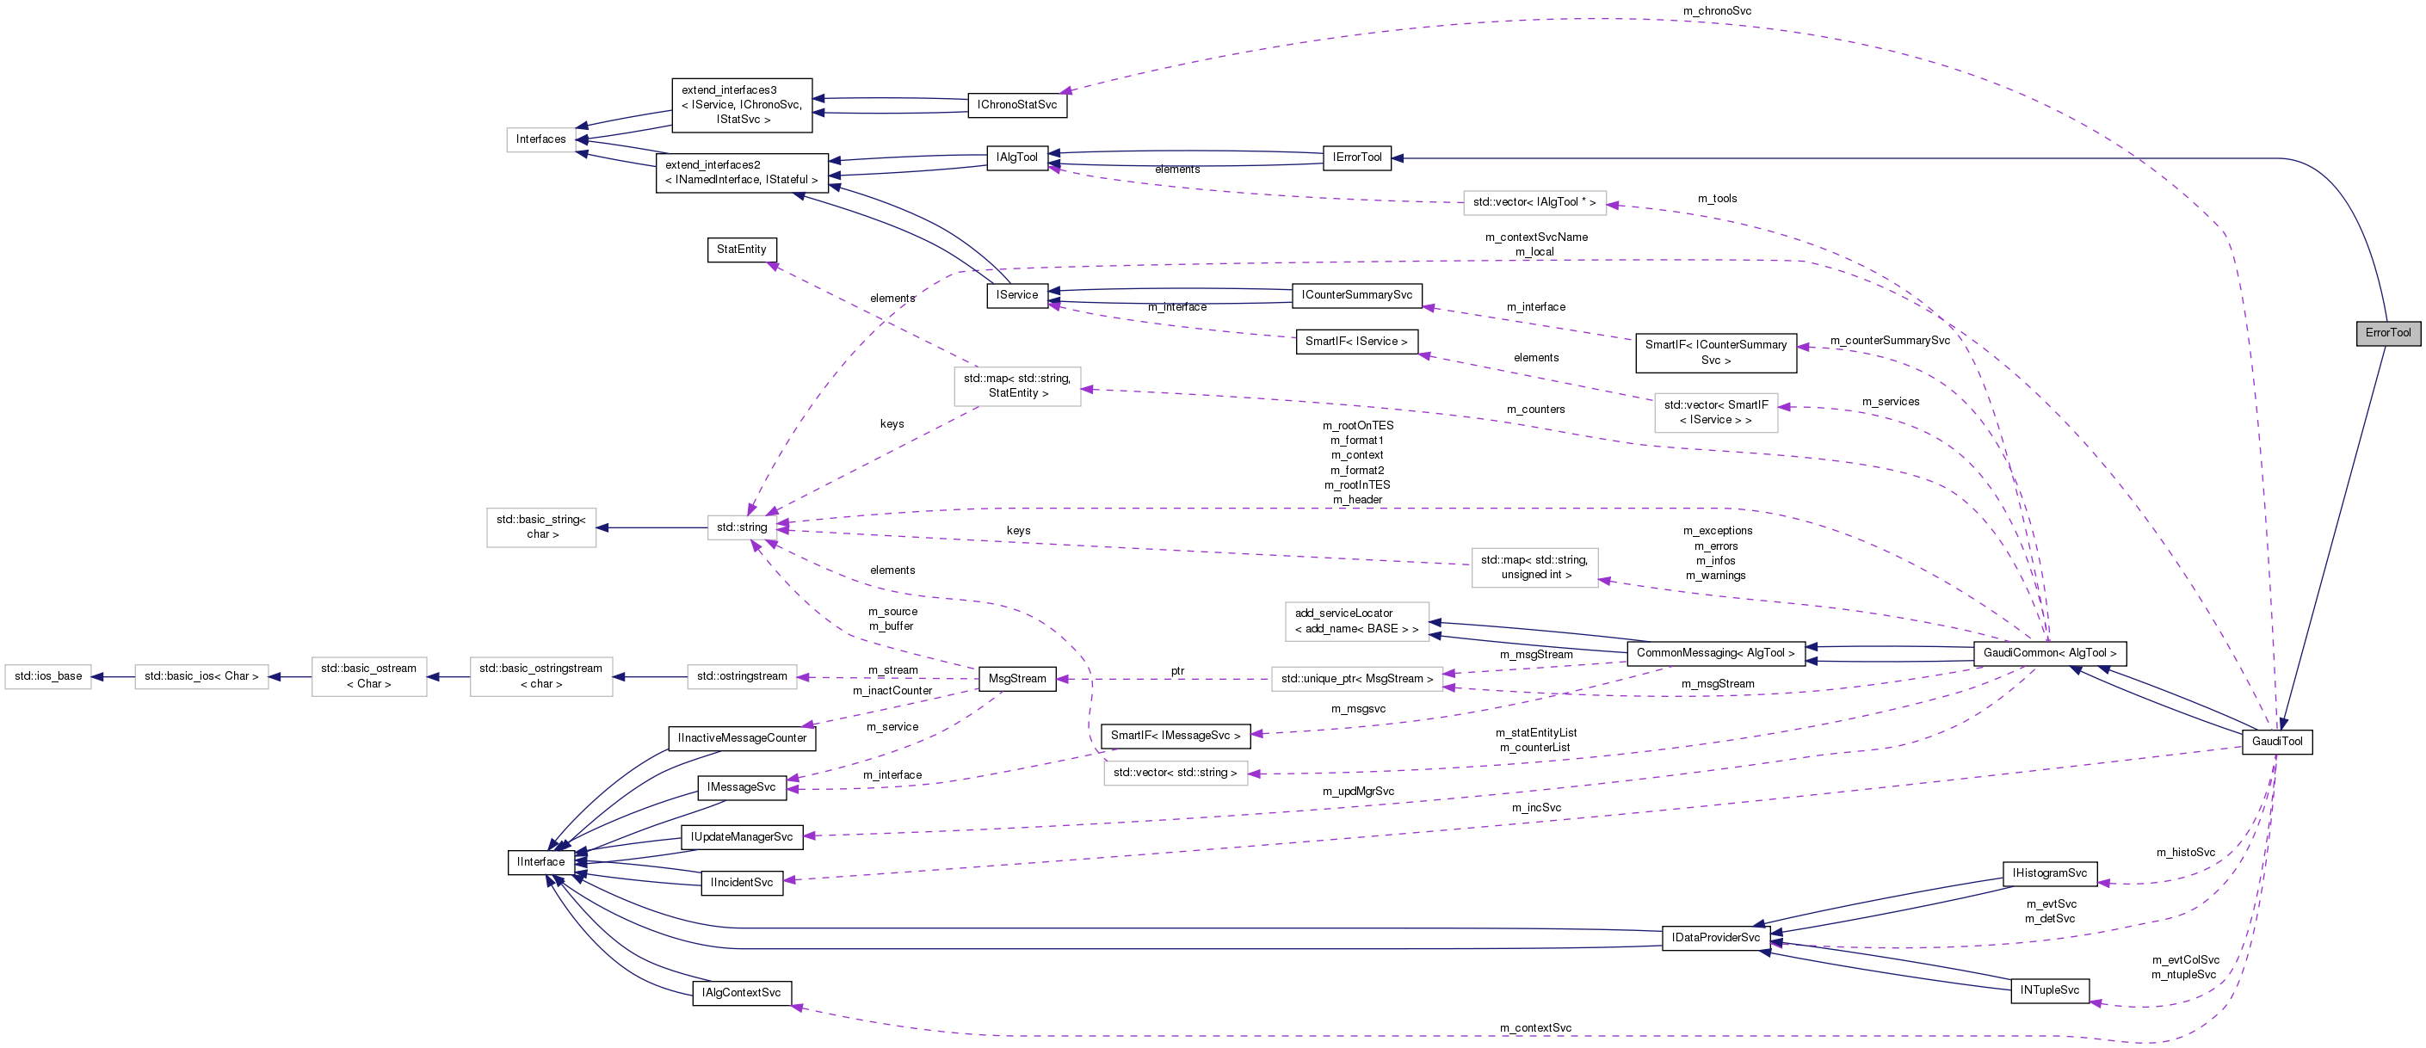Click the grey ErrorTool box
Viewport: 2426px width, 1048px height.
coord(2387,332)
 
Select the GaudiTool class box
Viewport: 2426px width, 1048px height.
coord(2276,741)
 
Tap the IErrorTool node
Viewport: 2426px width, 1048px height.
coord(1356,157)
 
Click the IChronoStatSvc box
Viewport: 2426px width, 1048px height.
coord(1016,104)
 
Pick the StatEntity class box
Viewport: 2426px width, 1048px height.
coord(741,250)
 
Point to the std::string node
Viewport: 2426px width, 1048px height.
coord(741,527)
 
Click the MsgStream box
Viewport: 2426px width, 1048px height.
coord(1016,679)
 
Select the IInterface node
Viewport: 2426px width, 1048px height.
coord(540,861)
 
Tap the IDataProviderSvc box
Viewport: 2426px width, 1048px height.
coord(1715,938)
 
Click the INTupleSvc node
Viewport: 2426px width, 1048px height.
coord(2049,990)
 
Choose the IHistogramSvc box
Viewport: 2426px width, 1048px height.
coord(2048,872)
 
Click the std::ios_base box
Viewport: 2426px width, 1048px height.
coord(48,676)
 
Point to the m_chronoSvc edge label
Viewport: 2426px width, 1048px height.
coord(1717,11)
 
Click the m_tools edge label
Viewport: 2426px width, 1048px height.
coord(1717,199)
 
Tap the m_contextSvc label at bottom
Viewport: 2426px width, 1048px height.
coord(1535,1027)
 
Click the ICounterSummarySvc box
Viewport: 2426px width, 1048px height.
coord(1356,295)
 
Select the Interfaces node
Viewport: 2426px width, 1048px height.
coord(540,139)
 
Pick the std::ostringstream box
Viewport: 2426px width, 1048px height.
coord(741,676)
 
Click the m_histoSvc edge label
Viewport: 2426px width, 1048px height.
coord(2185,852)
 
